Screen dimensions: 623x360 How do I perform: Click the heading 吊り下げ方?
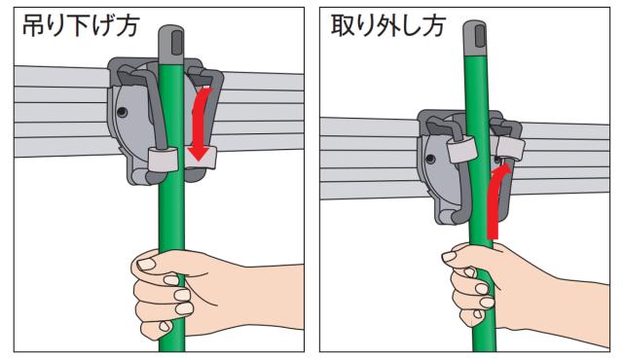pos(81,26)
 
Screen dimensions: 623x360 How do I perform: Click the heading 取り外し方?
pos(387,26)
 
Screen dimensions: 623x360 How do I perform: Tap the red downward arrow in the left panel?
pos(202,124)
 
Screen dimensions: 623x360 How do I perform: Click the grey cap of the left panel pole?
pos(171,43)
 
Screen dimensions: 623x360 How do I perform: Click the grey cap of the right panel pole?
pos(475,39)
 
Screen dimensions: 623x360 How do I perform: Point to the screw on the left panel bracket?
pos(122,112)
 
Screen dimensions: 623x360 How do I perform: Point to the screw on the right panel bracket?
pos(429,160)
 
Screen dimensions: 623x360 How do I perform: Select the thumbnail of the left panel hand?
pos(146,264)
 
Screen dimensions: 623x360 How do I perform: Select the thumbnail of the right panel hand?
pos(450,257)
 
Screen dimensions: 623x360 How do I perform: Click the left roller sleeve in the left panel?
pos(164,159)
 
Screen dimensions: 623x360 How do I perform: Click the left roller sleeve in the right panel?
pos(461,149)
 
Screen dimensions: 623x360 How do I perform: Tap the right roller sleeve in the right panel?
pos(510,146)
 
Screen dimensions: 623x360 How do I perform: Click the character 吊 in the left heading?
pos(32,26)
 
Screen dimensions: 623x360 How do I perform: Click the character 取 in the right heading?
pos(342,26)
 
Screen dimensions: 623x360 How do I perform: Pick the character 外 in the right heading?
pos(387,26)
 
